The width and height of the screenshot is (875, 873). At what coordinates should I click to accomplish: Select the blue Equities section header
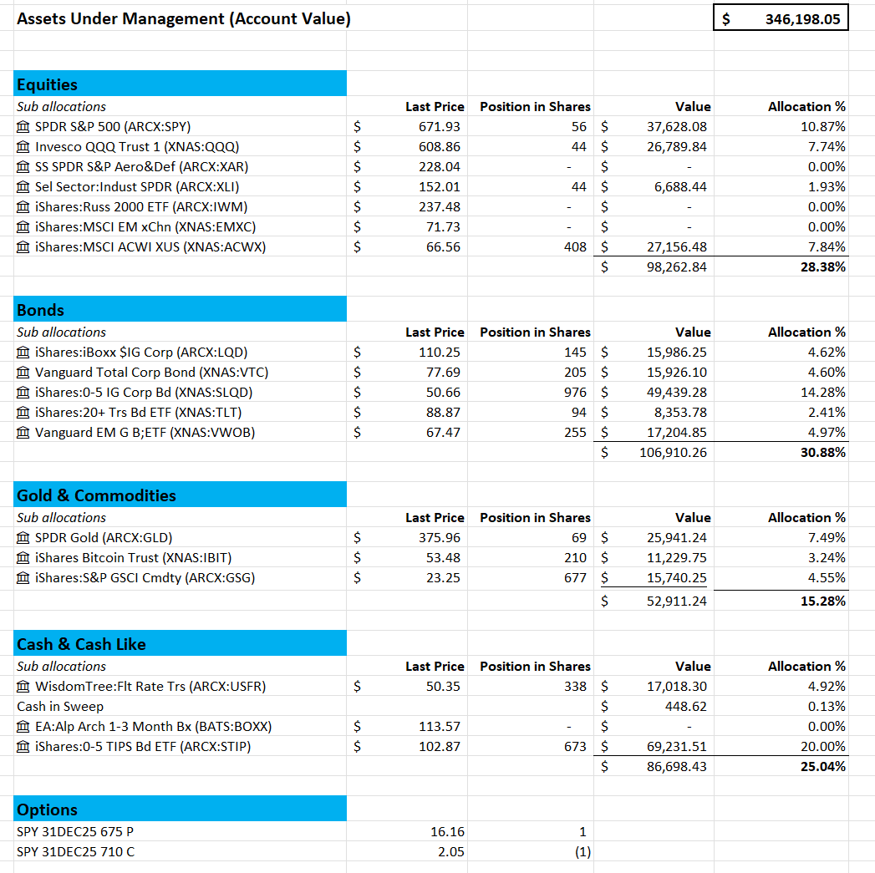click(x=180, y=84)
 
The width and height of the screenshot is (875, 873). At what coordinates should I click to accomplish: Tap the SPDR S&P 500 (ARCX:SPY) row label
click(x=112, y=127)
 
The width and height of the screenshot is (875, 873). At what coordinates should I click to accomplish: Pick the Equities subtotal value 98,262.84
click(x=676, y=267)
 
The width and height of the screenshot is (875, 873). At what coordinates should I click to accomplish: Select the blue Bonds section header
click(x=180, y=310)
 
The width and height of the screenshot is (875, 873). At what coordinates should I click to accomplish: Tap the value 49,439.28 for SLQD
click(x=676, y=393)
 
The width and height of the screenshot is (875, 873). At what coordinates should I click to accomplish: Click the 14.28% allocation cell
click(x=827, y=393)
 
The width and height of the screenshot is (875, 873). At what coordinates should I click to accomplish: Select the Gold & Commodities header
click(x=180, y=495)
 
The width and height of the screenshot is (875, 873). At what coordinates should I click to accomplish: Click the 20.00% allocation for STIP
click(x=827, y=747)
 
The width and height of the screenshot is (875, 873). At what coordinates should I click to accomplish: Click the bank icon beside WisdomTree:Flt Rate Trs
click(x=23, y=687)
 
